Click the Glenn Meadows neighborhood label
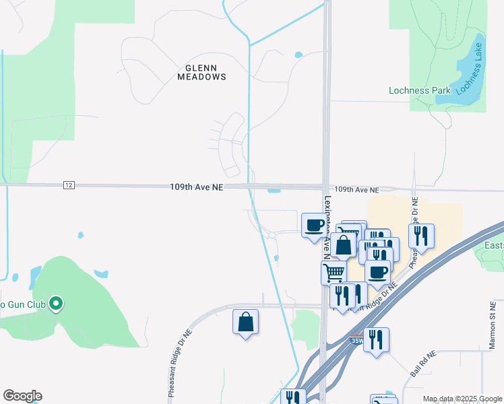click(201, 72)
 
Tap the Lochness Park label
click(419, 90)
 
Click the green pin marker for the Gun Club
click(57, 304)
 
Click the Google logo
click(22, 396)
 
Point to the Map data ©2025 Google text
click(462, 399)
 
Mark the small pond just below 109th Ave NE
click(274, 190)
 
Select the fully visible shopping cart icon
click(334, 273)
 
